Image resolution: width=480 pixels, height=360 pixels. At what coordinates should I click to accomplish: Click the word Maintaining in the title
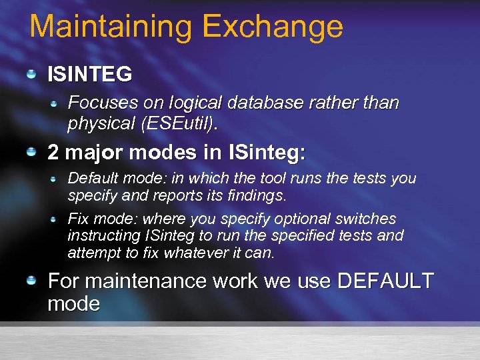(111, 27)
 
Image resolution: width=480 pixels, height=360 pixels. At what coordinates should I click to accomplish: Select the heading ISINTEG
(89, 74)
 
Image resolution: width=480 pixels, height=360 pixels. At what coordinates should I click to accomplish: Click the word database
(264, 103)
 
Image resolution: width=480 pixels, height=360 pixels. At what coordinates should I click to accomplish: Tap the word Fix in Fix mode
(79, 219)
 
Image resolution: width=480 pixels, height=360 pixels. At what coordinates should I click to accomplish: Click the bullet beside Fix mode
(56, 219)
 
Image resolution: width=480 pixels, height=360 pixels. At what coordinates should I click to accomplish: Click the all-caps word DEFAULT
(385, 281)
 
